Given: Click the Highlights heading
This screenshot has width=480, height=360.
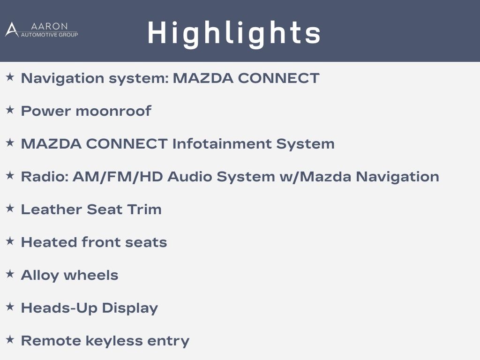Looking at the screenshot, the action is click(234, 34).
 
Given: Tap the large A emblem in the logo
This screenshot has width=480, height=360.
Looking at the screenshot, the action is click(12, 30).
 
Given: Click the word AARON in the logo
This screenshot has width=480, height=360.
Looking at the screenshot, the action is click(49, 26).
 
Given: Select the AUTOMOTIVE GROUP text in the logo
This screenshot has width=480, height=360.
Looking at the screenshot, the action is click(49, 35).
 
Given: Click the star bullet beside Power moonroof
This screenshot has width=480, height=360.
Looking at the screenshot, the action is click(10, 110).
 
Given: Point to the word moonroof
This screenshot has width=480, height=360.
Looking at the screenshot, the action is click(113, 111).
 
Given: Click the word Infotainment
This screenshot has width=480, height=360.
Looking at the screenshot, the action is click(222, 143).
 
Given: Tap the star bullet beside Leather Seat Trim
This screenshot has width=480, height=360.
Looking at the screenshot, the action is click(10, 208).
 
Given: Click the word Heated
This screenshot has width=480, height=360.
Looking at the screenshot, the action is click(49, 242).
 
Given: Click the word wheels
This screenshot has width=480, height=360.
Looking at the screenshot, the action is click(91, 275).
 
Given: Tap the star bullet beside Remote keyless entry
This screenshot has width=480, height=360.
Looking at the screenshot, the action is click(10, 339).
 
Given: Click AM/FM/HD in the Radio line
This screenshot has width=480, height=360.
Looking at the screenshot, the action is click(118, 177).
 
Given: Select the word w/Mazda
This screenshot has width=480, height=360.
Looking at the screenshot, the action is click(315, 177).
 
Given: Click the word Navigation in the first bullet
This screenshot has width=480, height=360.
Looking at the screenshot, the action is click(63, 78).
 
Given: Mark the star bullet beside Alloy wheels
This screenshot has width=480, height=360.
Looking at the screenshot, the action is click(10, 274).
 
